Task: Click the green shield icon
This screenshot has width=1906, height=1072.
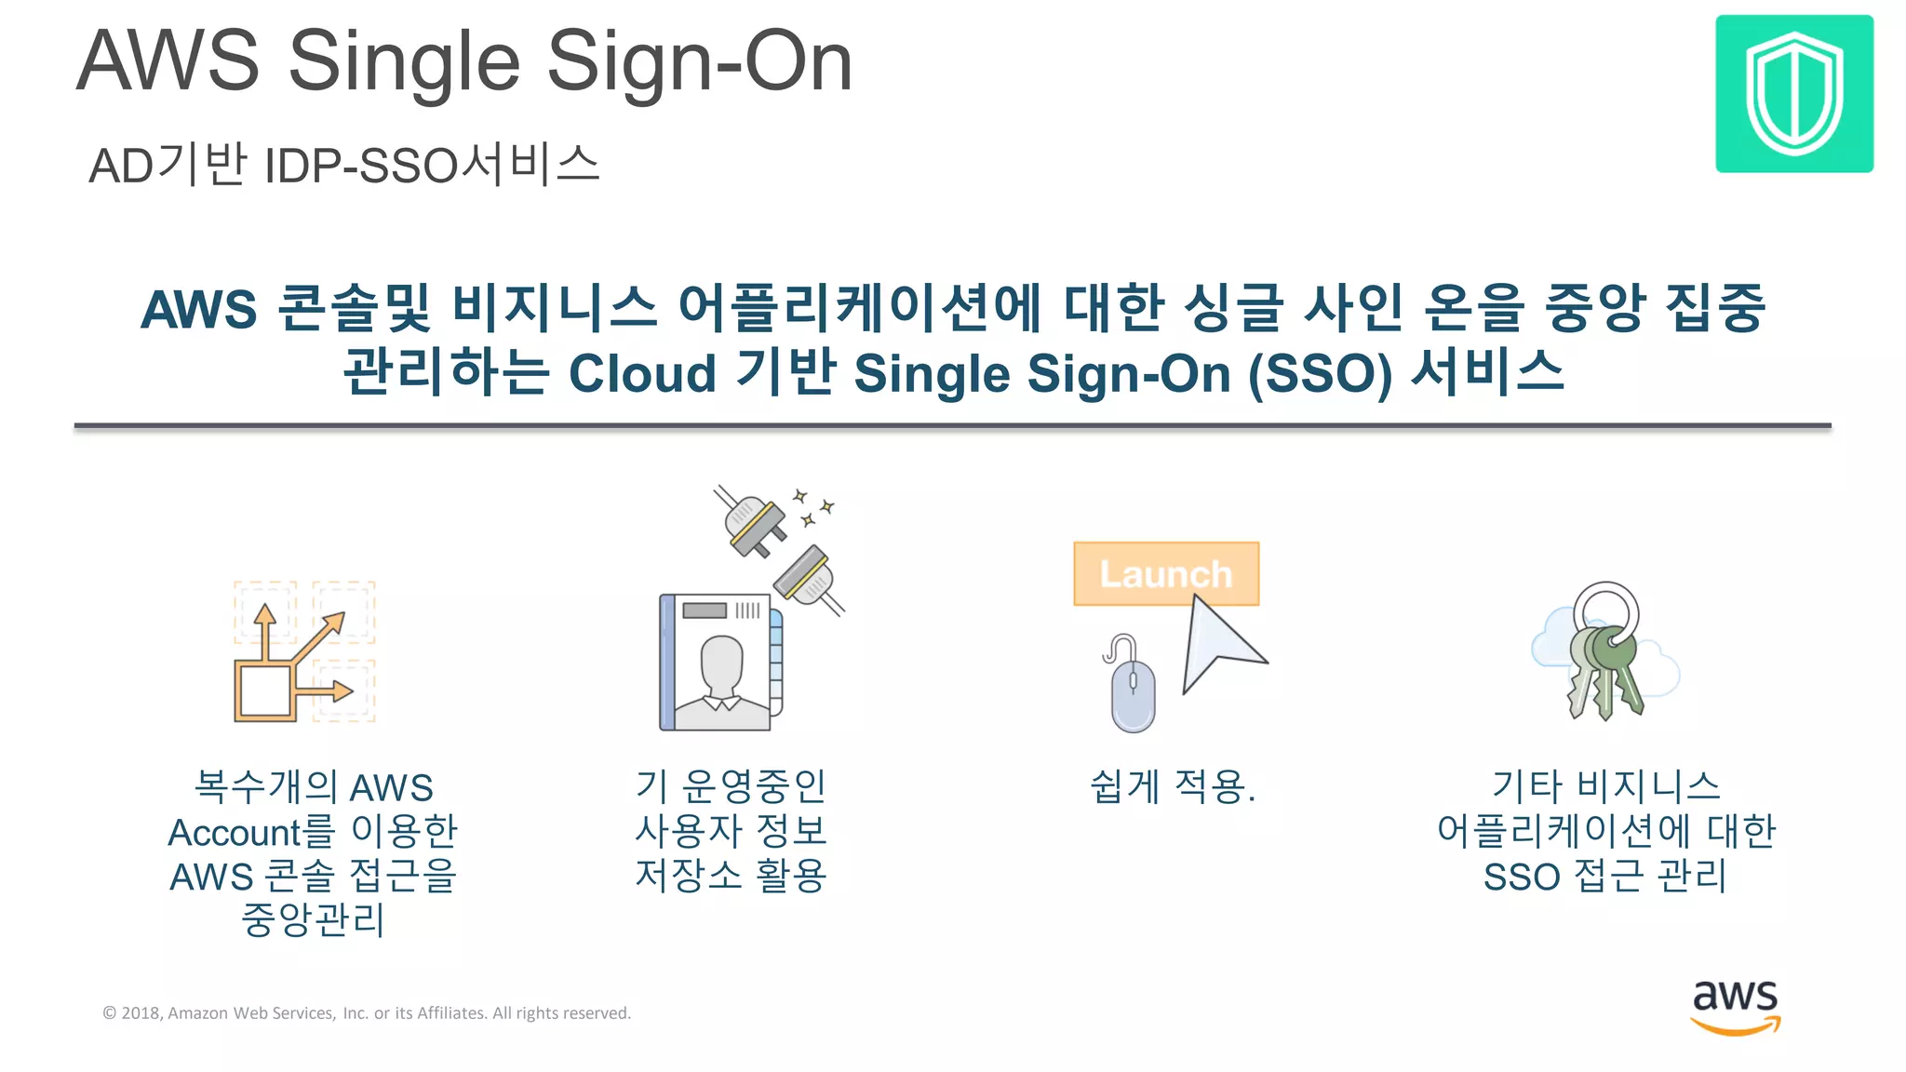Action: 1793,93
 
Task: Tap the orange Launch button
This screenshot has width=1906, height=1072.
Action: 1165,573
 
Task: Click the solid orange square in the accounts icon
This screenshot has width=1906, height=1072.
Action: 264,691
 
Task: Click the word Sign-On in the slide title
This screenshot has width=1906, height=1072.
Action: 699,61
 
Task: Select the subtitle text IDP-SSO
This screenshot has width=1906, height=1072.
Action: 362,166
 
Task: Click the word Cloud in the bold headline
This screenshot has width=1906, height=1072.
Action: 642,374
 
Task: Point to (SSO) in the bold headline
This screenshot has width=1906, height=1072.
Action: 1320,374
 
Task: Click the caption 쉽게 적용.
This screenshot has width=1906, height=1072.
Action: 1172,787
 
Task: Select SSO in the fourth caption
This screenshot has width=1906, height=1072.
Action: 1521,877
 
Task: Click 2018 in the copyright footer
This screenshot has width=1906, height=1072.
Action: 141,1013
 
